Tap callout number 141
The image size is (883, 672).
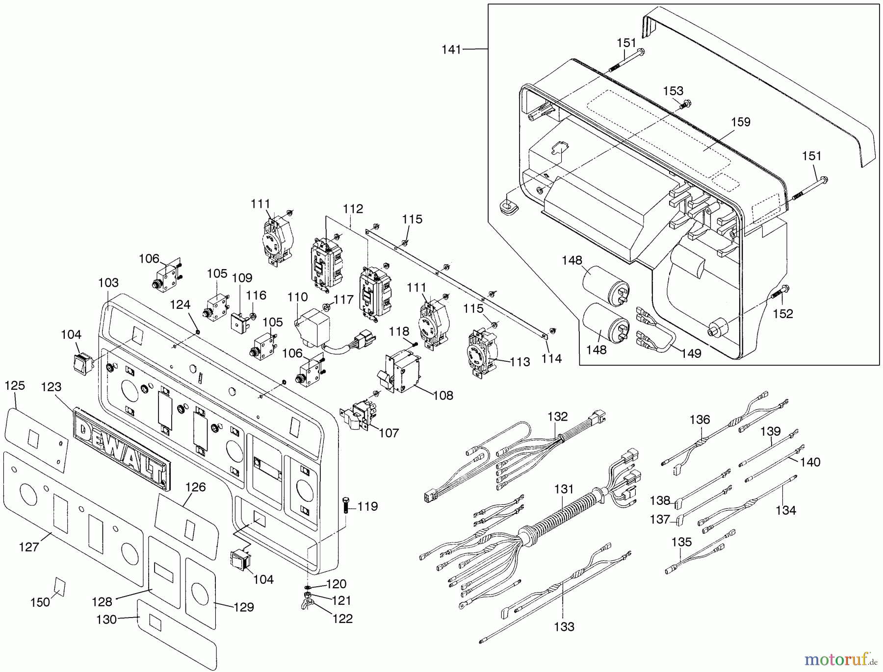(x=451, y=50)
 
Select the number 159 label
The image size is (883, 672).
(x=740, y=122)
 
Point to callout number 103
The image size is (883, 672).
(x=108, y=283)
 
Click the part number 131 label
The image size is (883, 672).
(x=564, y=489)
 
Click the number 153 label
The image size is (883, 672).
(x=673, y=91)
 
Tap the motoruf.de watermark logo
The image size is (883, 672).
(x=839, y=659)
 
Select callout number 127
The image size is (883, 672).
(x=29, y=547)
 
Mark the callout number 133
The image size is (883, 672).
(x=564, y=626)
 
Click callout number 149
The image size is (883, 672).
(x=691, y=353)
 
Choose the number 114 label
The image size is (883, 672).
(x=551, y=359)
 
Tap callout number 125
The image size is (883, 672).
(x=15, y=386)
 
